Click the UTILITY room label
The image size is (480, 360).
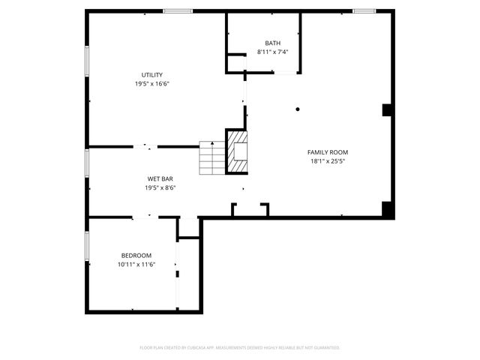152,75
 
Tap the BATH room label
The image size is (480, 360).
272,43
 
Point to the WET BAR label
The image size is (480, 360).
160,178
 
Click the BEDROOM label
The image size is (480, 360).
135,255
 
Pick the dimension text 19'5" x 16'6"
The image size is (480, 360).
152,84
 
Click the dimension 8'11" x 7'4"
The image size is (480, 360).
272,52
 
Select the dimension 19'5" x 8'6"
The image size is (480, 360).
160,187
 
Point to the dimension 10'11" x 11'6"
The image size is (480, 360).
135,264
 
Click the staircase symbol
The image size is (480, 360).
212,157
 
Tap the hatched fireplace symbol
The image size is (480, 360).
237,151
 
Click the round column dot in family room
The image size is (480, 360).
298,109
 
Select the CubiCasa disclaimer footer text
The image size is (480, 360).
240,347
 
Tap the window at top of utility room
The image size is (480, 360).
177,10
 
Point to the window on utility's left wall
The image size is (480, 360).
87,60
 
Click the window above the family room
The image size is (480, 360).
364,10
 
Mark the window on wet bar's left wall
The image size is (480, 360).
87,161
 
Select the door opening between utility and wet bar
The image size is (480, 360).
145,146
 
